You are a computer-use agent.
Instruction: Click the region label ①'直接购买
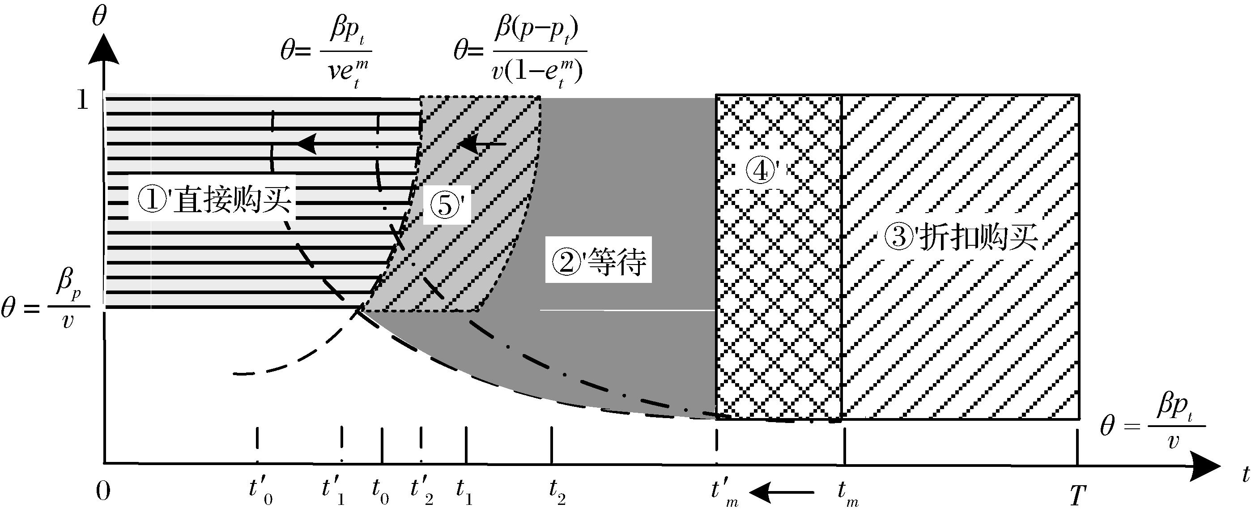213,201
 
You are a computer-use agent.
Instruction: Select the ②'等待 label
598,261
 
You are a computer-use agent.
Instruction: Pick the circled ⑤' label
446,205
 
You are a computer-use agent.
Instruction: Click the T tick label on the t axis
1077,496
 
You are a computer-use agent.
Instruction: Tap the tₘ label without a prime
848,493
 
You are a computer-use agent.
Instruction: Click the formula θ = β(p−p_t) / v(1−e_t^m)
519,55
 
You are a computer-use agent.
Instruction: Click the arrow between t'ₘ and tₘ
782,493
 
